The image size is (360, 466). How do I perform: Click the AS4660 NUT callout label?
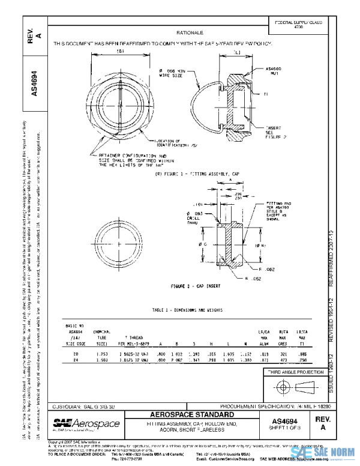click(x=274, y=71)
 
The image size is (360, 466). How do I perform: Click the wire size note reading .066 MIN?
click(x=174, y=73)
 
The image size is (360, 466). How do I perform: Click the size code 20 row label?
click(x=75, y=354)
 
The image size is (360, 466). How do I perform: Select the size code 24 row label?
click(x=75, y=360)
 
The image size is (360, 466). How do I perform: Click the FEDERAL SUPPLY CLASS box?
click(x=298, y=25)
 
